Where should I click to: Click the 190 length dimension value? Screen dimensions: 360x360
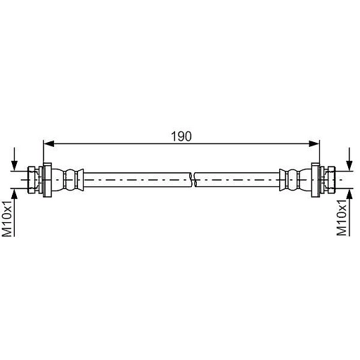181,136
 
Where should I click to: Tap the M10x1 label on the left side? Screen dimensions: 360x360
7,219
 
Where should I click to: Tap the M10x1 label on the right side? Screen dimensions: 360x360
342,218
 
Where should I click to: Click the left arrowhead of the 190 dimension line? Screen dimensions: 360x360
49,143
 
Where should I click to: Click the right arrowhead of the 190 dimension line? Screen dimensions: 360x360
314,143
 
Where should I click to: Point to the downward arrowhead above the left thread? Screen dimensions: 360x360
15,166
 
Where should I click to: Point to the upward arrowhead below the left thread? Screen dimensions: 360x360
15,194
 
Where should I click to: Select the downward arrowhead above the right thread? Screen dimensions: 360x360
349,166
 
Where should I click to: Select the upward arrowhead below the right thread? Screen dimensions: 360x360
349,194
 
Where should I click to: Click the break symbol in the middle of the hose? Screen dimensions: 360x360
194,180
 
